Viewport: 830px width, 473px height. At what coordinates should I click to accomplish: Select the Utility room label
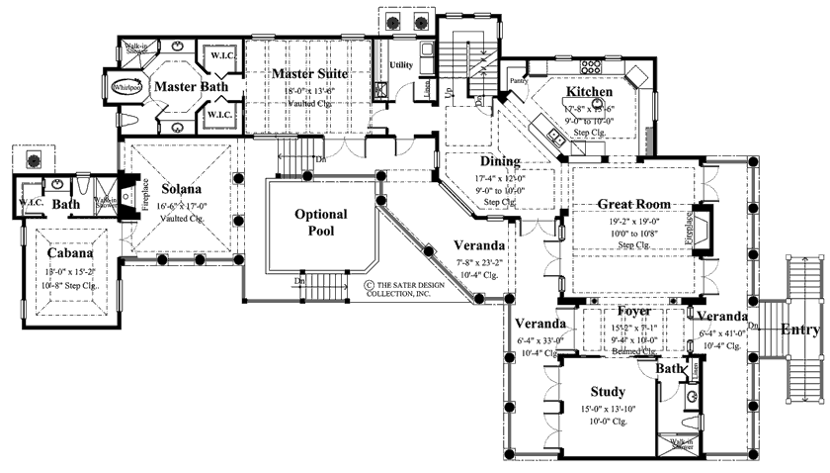pos(401,65)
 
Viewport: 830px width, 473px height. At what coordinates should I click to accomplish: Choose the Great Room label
pos(633,204)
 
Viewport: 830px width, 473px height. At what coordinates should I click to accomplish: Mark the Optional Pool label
pos(320,223)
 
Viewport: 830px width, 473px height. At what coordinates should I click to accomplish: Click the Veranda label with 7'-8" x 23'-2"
pos(480,245)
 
